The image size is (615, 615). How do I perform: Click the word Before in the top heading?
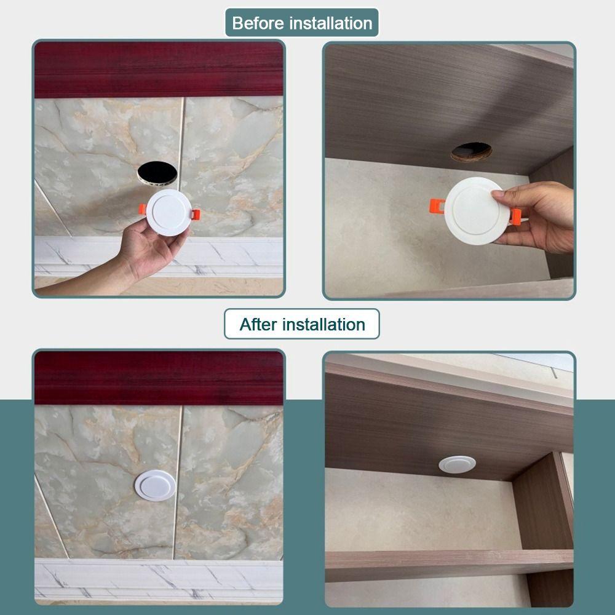[258, 23]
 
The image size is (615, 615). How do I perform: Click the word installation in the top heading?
[331, 23]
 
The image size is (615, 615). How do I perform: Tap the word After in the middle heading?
[258, 324]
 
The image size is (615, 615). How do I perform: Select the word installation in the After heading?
[324, 324]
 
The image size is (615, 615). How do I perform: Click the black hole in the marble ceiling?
[157, 173]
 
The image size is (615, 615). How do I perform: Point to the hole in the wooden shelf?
[471, 152]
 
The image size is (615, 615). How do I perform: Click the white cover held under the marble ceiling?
[169, 213]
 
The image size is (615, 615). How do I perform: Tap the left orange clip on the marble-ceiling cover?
[143, 209]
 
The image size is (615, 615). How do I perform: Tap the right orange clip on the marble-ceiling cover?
[196, 215]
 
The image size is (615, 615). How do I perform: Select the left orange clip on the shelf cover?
[437, 206]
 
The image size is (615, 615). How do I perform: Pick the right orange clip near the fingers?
[515, 216]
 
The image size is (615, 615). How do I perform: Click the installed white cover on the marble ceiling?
[156, 485]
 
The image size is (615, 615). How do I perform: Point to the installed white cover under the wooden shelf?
[458, 464]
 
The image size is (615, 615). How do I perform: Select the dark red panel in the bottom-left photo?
[159, 378]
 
